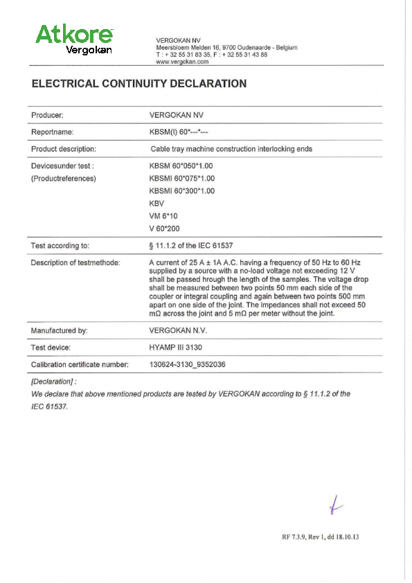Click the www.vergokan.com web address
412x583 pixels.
click(x=182, y=62)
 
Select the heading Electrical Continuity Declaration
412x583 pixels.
click(x=139, y=84)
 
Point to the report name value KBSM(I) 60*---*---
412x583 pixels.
click(x=179, y=132)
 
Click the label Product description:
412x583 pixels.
click(x=64, y=149)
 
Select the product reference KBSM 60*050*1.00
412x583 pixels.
click(x=181, y=166)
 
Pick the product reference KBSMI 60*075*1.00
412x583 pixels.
click(x=183, y=179)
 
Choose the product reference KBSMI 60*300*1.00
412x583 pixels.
click(x=183, y=191)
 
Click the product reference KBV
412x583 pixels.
click(x=156, y=204)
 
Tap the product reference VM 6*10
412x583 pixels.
click(x=163, y=216)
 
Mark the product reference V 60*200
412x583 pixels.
click(x=165, y=228)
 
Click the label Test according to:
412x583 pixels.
click(x=60, y=246)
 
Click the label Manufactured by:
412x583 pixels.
click(x=59, y=331)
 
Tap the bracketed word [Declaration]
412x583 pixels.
click(x=53, y=382)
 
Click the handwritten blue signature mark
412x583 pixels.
click(x=337, y=508)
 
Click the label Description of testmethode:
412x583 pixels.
click(x=75, y=262)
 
